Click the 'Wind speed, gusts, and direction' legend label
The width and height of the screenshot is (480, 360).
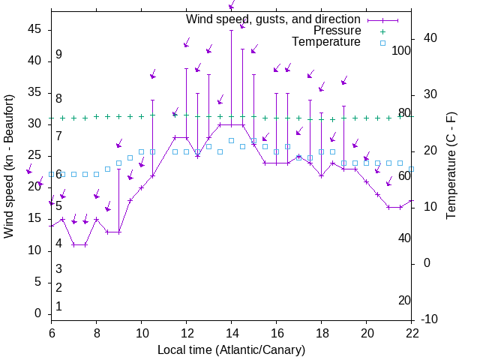click(274, 19)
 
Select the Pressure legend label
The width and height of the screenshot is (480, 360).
click(337, 31)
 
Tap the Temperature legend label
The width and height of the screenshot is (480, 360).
click(326, 42)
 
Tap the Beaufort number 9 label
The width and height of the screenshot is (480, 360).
click(58, 55)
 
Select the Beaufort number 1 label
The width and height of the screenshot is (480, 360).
click(58, 306)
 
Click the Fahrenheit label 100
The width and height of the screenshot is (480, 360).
click(402, 51)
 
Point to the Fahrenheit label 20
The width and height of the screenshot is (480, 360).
click(404, 301)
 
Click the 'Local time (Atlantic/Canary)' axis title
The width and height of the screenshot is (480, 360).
click(231, 349)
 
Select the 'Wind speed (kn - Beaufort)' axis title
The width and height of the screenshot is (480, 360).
click(9, 166)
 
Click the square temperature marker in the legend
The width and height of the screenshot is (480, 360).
click(382, 43)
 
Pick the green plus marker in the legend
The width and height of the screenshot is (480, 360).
click(382, 31)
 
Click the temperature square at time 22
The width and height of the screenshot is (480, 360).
click(411, 169)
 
